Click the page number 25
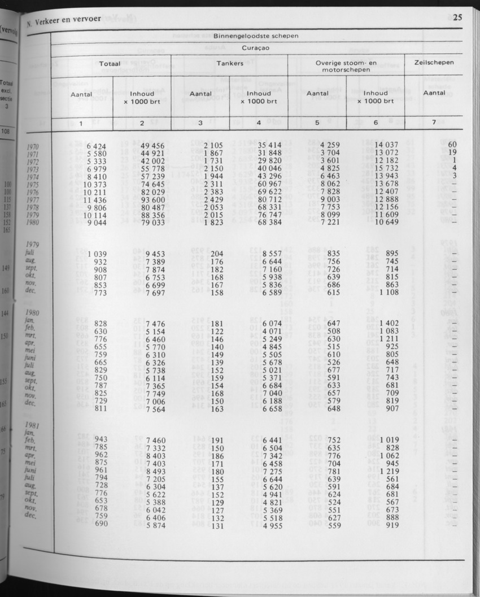tap(457, 17)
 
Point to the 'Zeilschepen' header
tap(434, 63)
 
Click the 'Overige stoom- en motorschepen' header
tap(344, 67)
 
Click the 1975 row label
tap(33, 184)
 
